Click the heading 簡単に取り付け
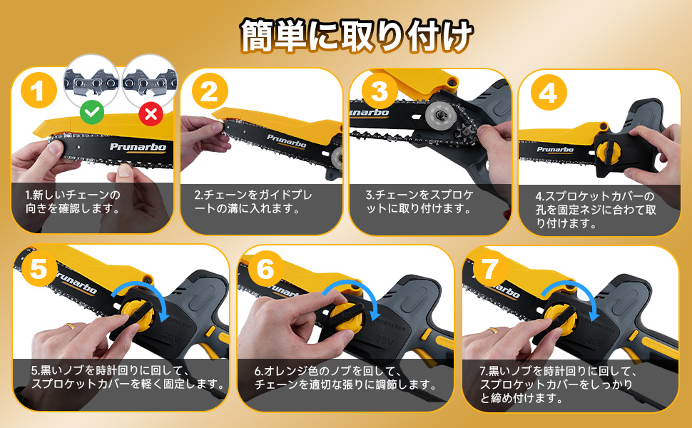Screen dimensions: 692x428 [357, 35]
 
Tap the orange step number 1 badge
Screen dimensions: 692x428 [39, 91]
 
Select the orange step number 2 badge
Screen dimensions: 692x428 [210, 91]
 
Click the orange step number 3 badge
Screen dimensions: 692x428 [380, 91]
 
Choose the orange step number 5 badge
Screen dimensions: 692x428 [39, 268]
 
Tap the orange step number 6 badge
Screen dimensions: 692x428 [265, 268]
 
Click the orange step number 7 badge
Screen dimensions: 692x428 [490, 268]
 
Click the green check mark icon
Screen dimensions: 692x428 [92, 113]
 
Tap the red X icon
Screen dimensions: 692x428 [151, 114]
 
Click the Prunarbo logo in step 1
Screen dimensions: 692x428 [138, 147]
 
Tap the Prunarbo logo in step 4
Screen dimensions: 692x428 [555, 150]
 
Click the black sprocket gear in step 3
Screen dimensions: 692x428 [468, 133]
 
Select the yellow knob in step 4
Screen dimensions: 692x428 [608, 151]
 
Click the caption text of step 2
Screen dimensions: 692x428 [253, 201]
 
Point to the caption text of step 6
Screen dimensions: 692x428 [345, 377]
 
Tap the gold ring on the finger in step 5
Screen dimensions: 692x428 [70, 327]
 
